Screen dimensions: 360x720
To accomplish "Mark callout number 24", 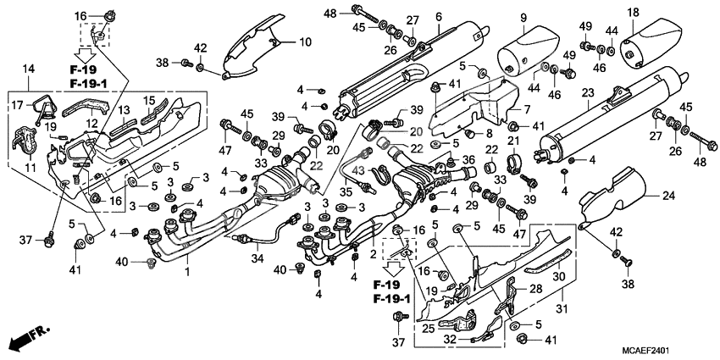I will pos(667,197).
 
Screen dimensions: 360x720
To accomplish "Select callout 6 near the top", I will pos(438,17).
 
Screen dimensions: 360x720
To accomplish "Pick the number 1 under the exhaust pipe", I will pos(188,270).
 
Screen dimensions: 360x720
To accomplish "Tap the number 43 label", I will pos(357,170).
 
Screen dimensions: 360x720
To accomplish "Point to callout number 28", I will pos(534,289).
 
